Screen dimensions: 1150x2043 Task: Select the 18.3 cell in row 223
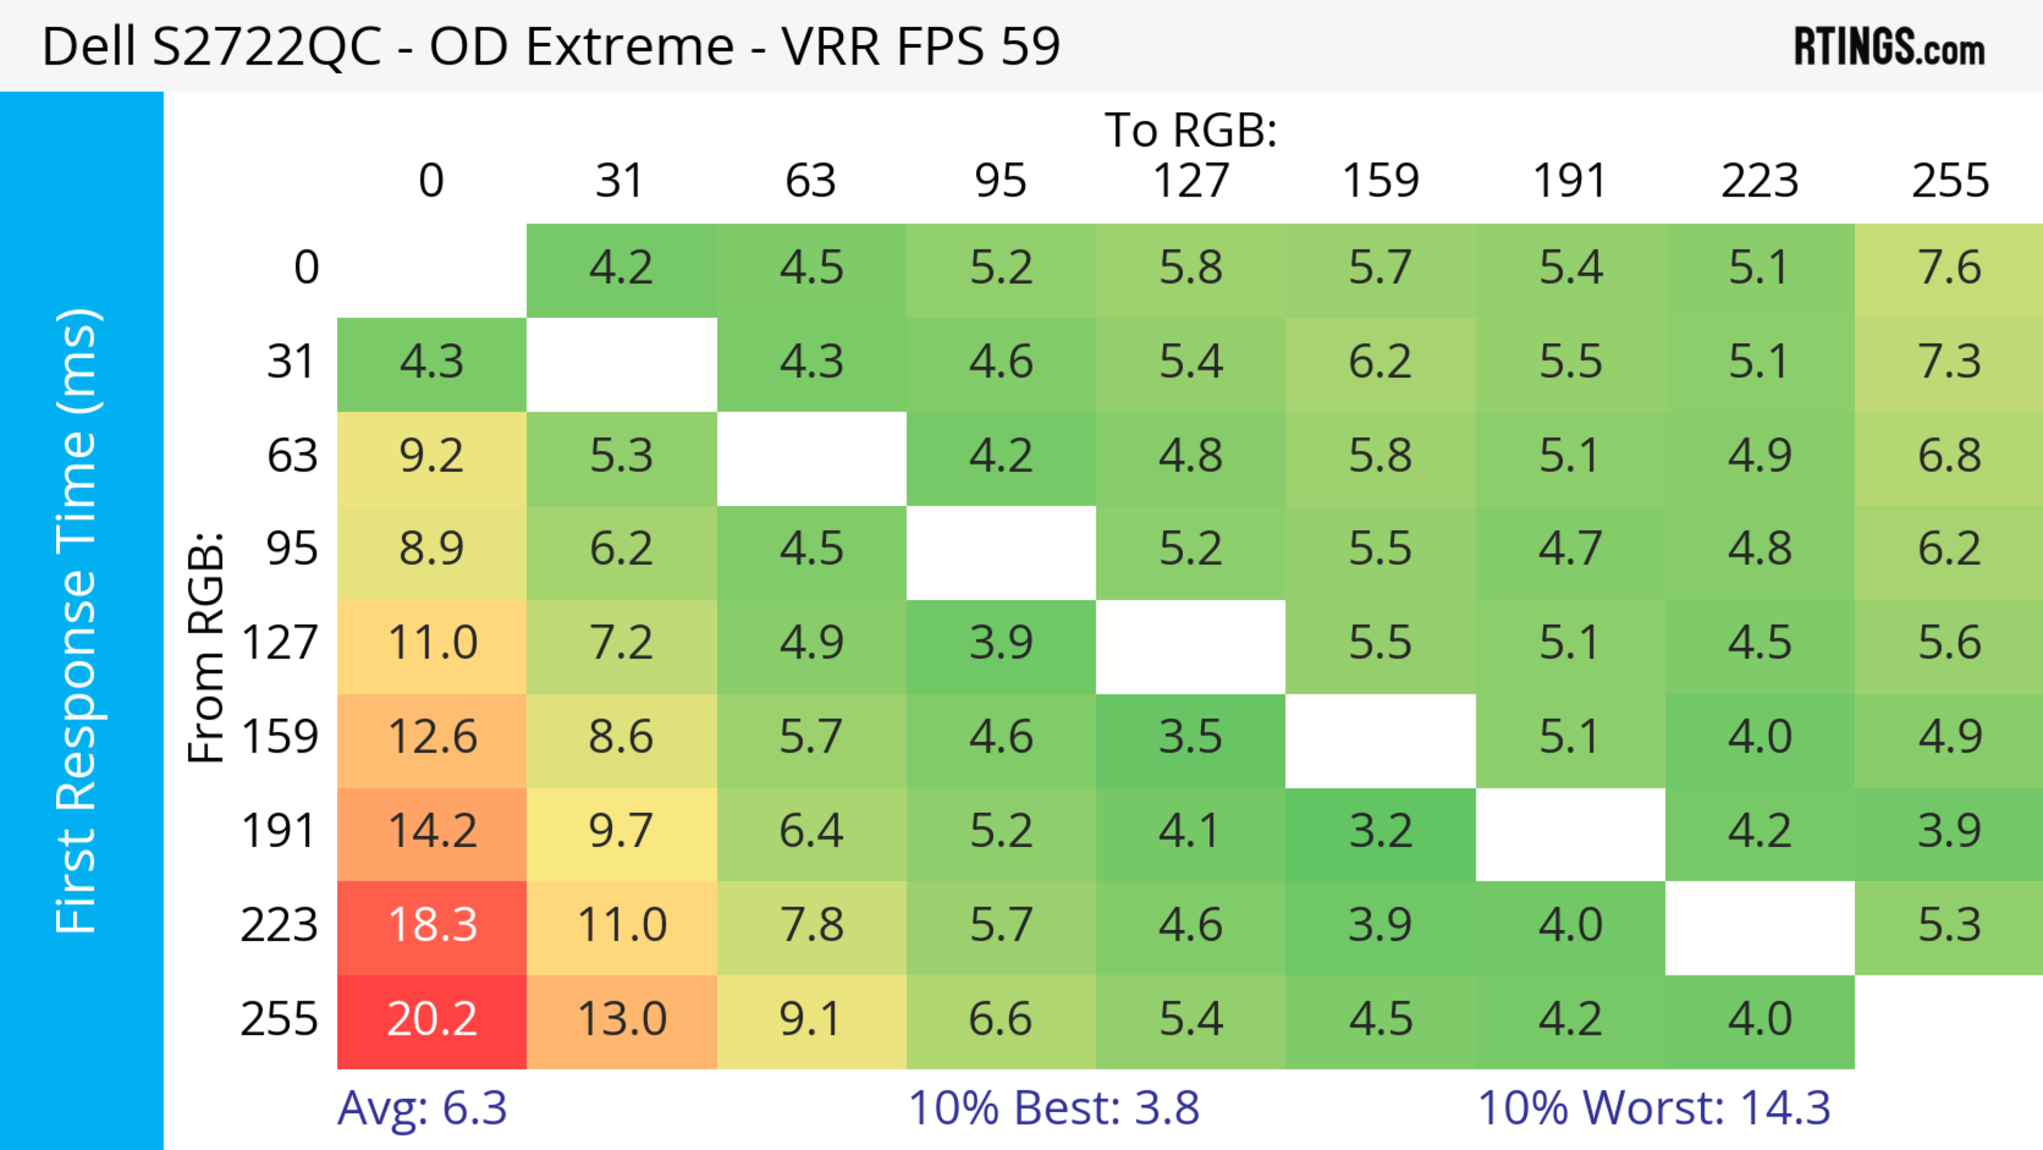coord(431,925)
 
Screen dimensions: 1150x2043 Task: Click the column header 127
coord(1191,181)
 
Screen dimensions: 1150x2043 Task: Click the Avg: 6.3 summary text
coord(422,1108)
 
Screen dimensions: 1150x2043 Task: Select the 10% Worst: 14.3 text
coord(1655,1108)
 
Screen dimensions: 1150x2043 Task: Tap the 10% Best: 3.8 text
coord(1053,1108)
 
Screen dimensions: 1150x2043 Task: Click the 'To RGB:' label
coord(1191,130)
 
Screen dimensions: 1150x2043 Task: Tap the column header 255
coord(1949,181)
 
